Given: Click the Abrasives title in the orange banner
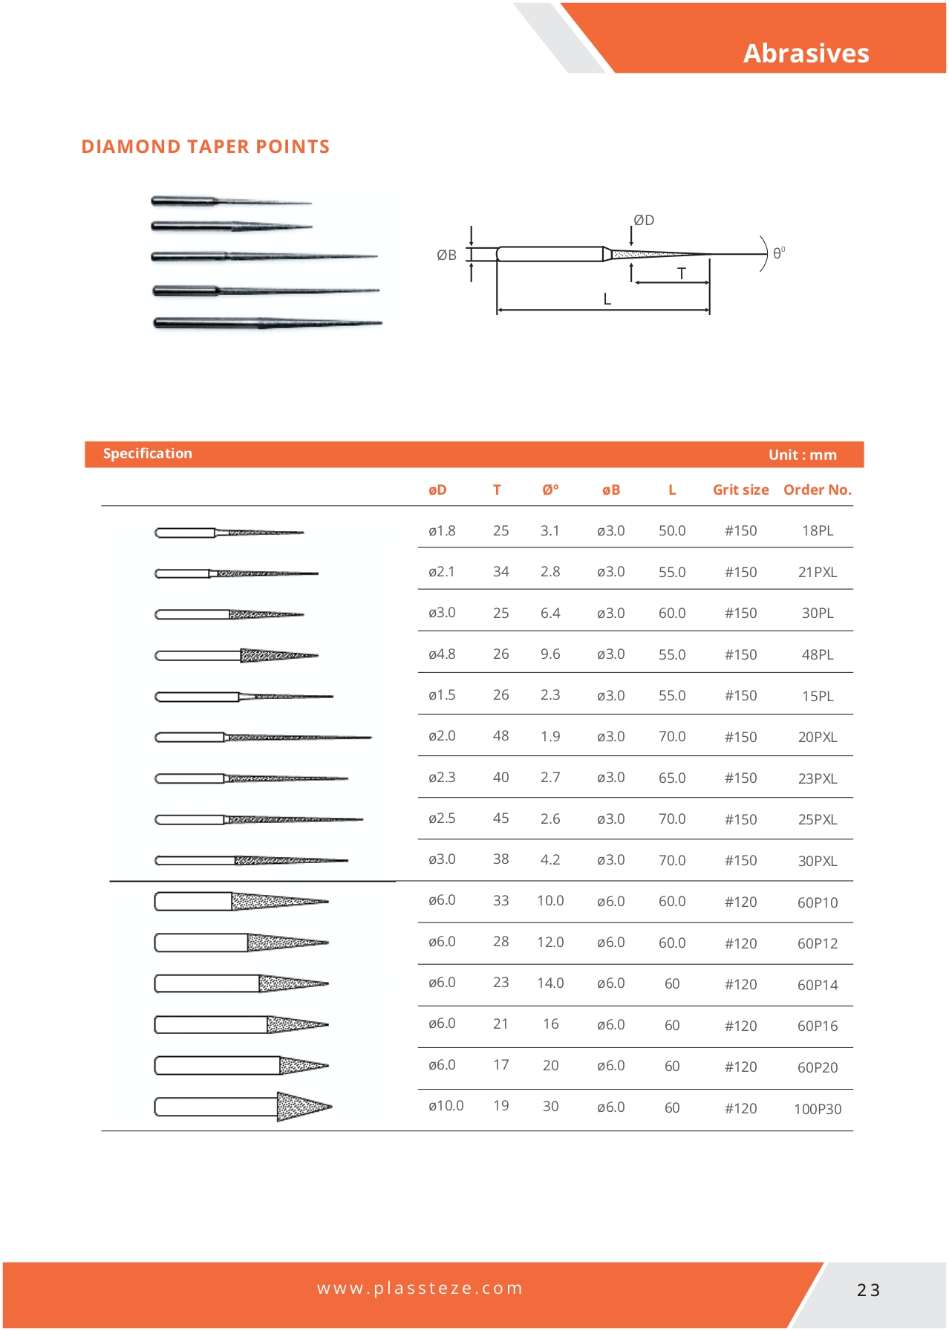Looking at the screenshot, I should coord(806,53).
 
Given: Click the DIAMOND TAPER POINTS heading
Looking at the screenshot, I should coord(205,146).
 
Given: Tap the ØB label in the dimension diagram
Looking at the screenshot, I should coord(446,256).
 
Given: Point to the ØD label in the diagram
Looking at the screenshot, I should coord(644,220).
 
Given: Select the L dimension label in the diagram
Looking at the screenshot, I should coord(607,299).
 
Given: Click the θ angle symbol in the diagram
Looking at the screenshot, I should coord(777,253).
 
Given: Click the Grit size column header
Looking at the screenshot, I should coord(740,490).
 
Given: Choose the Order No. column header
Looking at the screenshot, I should coord(817,490).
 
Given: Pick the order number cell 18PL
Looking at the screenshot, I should coord(817,531).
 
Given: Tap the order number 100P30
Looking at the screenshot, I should coord(817,1109).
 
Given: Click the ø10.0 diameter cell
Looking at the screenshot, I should coord(446,1106).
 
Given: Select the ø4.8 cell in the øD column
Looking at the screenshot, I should coord(442,654).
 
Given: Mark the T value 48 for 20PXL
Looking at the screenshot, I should coord(501,736).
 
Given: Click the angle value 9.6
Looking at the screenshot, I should coord(550,654).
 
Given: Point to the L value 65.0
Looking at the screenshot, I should coord(672,778).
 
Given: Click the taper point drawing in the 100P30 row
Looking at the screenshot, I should coord(244,1107).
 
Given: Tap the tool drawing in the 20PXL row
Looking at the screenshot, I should coord(263,738).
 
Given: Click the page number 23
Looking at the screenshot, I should coord(868,1290).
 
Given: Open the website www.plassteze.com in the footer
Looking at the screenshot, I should coord(420,1288).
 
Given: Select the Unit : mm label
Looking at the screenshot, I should coord(802,455).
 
